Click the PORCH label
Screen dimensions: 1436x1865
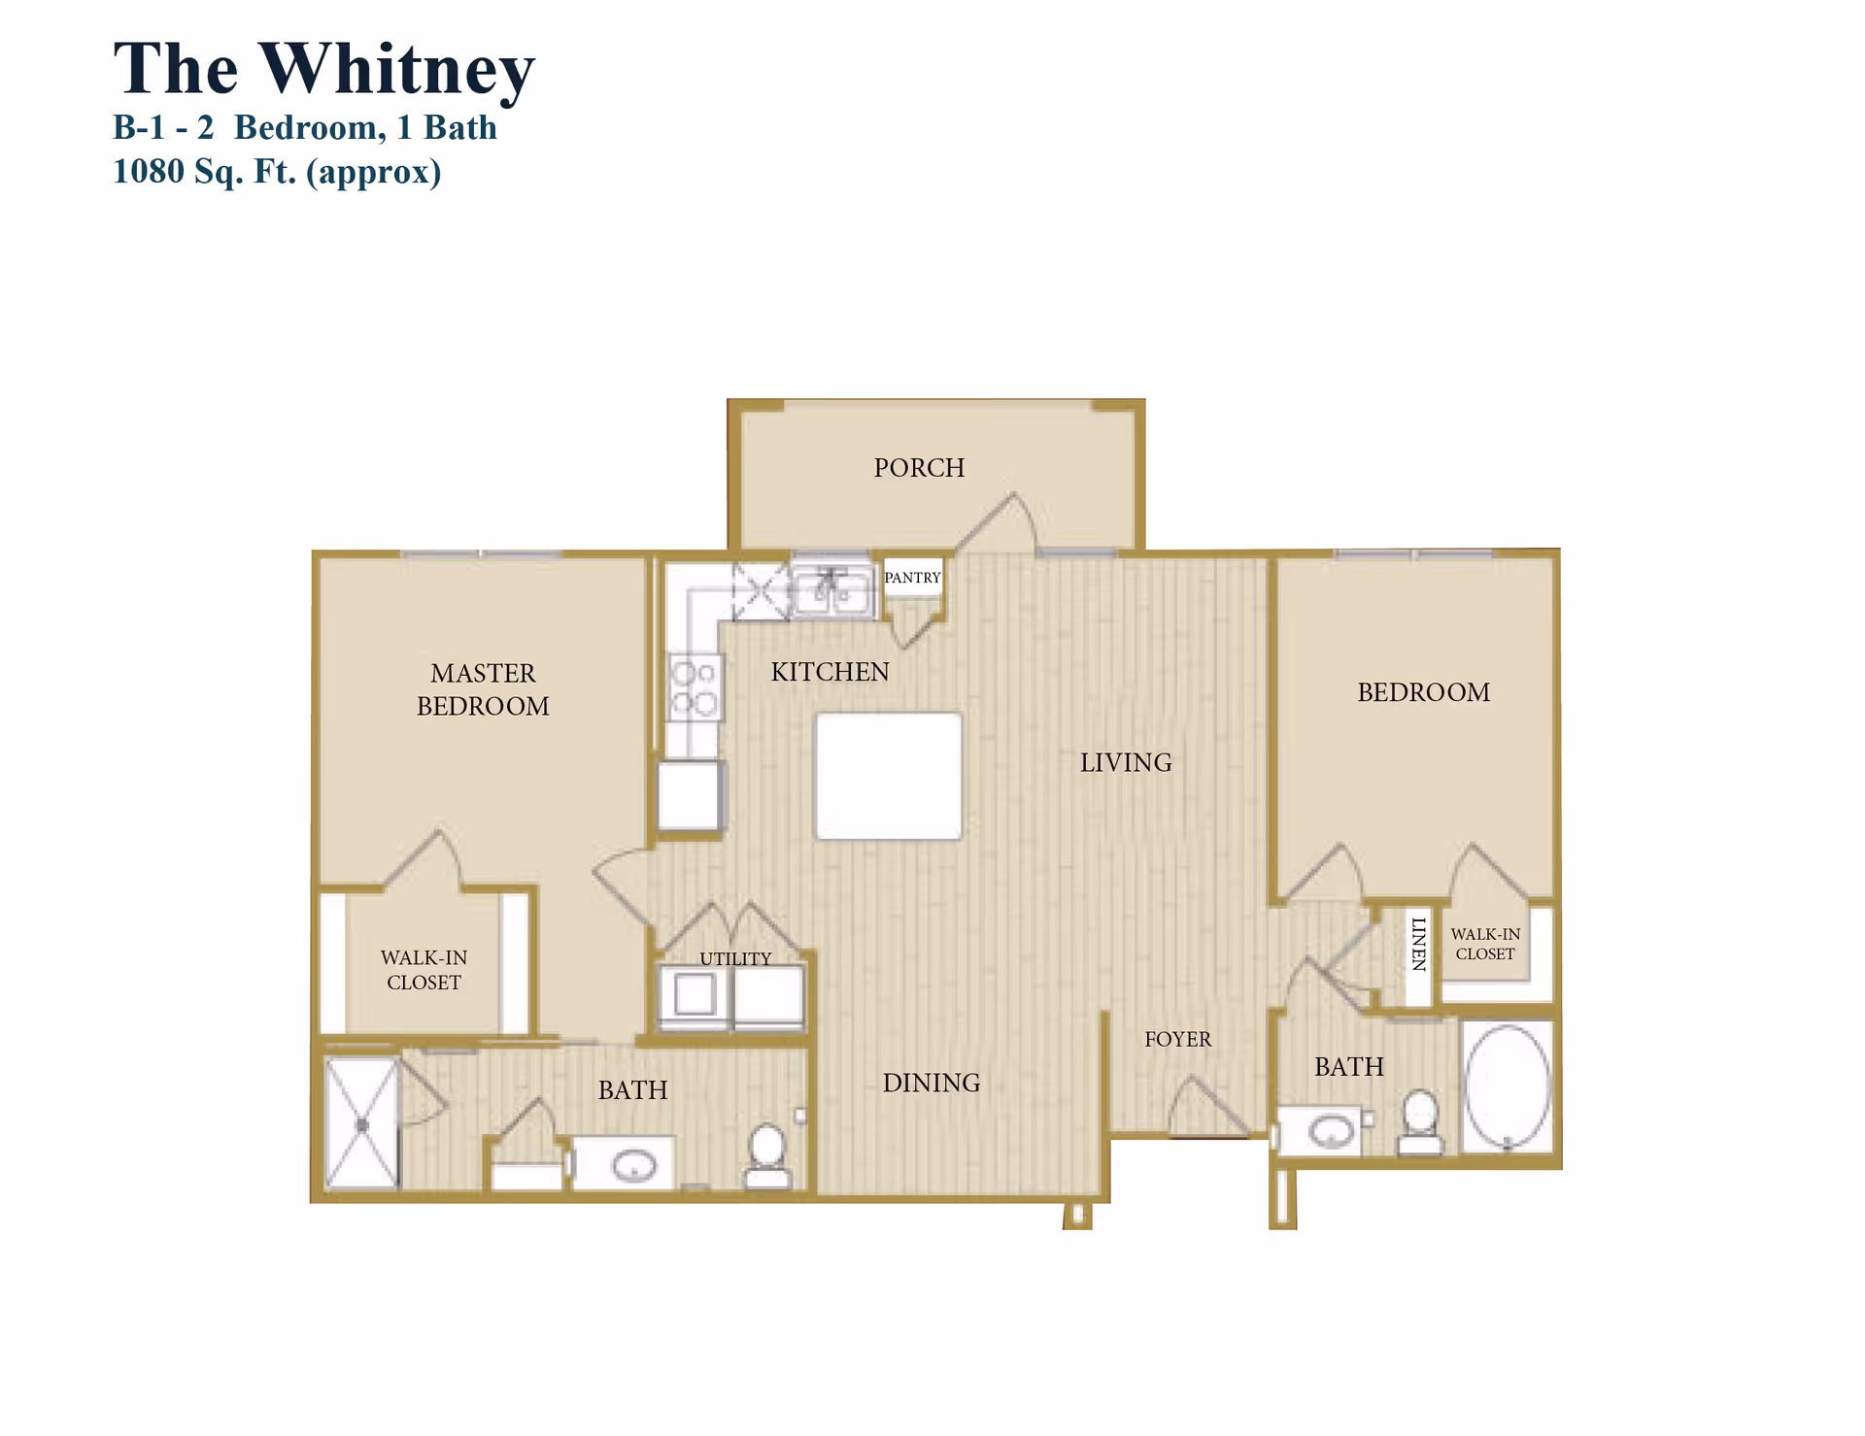point(919,468)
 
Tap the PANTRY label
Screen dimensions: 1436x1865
point(912,578)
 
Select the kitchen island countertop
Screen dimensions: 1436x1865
point(888,776)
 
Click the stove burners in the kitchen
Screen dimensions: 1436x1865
point(695,687)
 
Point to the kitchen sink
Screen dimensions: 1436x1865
point(831,589)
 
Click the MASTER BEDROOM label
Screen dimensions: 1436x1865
point(483,689)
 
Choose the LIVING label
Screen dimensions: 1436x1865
point(1126,763)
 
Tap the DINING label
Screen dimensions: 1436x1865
point(931,1084)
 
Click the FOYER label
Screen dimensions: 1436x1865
point(1177,1040)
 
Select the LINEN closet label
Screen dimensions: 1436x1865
point(1419,944)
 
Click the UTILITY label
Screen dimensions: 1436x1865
point(735,958)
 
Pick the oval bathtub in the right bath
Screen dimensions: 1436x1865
point(1507,1085)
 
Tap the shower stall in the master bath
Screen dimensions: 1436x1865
point(361,1124)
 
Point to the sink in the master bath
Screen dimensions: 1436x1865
point(633,1164)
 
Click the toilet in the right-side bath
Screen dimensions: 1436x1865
point(1420,1122)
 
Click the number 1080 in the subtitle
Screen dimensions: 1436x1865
point(149,172)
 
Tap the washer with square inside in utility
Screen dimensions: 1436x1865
point(694,995)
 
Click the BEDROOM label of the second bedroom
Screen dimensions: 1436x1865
point(1423,692)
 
